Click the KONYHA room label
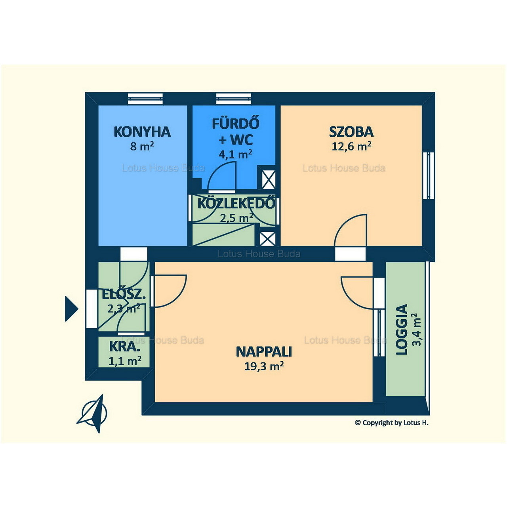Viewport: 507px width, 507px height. point(142,132)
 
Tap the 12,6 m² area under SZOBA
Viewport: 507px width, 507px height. point(351,146)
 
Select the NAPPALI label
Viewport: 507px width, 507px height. point(264,352)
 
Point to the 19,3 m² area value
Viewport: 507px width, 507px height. point(264,366)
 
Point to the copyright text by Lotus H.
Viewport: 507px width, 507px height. point(391,423)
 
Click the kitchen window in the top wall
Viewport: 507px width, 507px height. point(145,99)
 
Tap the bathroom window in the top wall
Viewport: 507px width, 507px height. point(233,99)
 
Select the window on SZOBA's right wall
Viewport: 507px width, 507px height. point(429,175)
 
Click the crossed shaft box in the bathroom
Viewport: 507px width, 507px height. point(269,179)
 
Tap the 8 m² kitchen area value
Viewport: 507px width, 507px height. point(142,146)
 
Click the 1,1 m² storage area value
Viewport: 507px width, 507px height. point(125,361)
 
